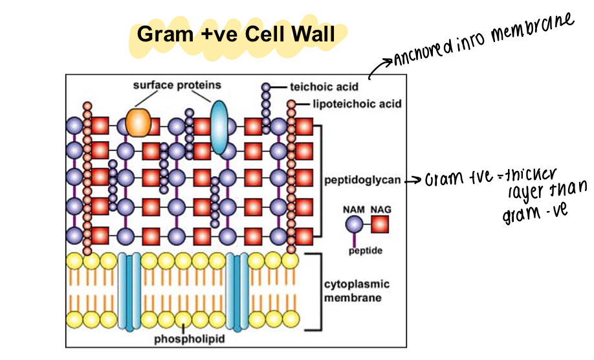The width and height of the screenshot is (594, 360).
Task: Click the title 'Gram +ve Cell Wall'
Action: tap(237, 34)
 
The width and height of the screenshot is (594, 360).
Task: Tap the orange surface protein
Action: tap(138, 122)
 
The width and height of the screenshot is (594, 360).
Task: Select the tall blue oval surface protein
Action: tap(220, 127)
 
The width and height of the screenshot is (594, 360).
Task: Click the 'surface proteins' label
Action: tap(177, 85)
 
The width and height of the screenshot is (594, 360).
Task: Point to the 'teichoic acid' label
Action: tap(322, 86)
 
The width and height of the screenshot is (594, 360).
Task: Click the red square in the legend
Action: tap(379, 225)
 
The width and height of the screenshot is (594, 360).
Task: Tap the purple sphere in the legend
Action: tap(354, 225)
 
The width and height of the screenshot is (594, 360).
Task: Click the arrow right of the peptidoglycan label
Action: tap(413, 181)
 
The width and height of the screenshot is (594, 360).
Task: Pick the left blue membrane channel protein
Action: tap(129, 292)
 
